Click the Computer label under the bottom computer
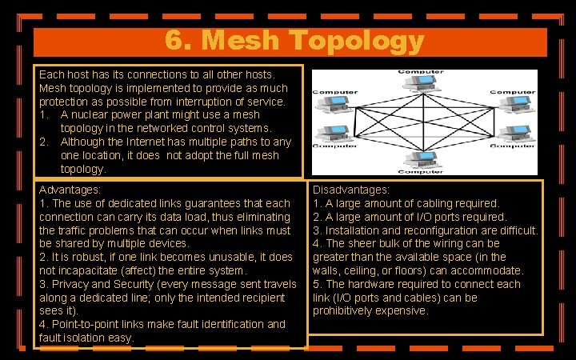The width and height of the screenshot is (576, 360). [422, 171]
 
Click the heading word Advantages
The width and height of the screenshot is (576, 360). [69, 190]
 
